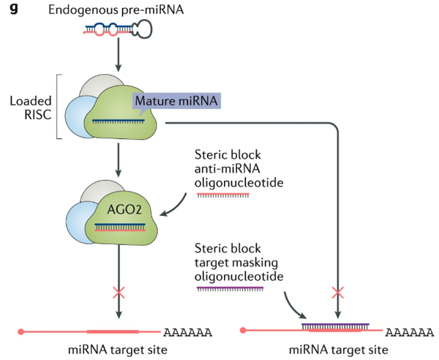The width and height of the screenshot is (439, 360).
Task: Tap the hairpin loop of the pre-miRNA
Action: pyautogui.click(x=140, y=29)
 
